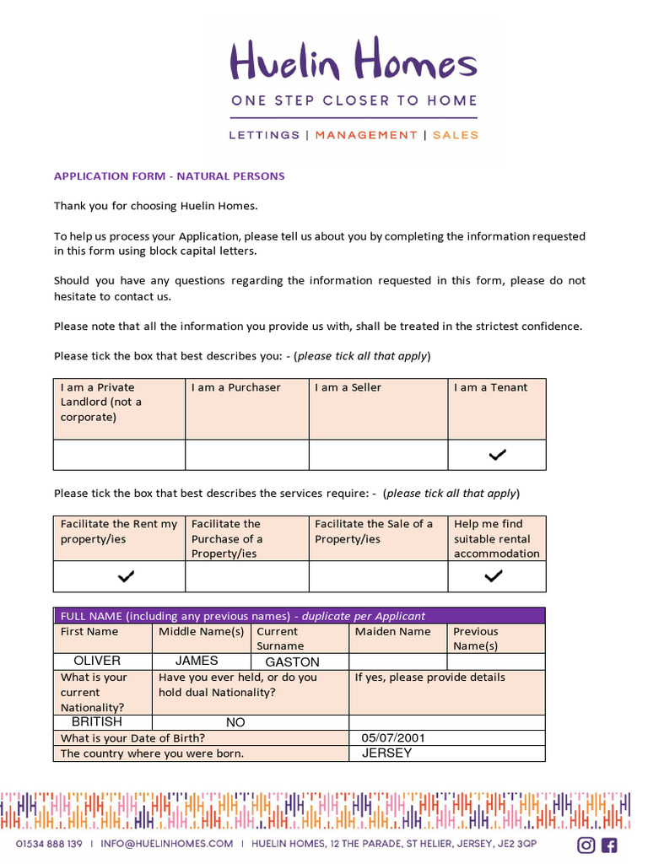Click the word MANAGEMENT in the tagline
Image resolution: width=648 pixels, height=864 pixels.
(366, 135)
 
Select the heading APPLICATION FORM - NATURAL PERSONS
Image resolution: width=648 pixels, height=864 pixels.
(170, 176)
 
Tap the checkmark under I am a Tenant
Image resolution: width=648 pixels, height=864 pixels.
(497, 455)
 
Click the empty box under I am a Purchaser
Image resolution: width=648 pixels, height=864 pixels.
(246, 455)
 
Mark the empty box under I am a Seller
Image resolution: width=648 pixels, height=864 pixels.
(378, 455)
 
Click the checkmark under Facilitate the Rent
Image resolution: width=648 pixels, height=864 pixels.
(126, 576)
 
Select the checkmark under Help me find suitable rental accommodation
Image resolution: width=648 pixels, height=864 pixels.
(494, 576)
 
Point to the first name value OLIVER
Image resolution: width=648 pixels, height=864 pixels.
(97, 661)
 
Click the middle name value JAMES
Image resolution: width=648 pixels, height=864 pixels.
(197, 661)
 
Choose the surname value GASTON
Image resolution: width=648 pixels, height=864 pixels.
(292, 662)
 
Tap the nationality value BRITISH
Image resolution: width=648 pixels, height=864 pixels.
(97, 722)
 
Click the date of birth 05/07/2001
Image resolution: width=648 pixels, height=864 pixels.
(393, 738)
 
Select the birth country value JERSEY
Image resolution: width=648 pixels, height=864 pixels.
(386, 753)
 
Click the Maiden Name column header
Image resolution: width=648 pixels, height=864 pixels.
(392, 632)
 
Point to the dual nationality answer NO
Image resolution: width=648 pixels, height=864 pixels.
(235, 723)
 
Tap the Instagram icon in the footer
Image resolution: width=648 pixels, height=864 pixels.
(586, 845)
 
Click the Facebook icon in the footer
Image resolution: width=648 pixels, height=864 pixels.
(608, 845)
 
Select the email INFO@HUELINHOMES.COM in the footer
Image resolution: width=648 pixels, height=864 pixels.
(166, 844)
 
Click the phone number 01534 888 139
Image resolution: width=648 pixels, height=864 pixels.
(50, 844)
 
